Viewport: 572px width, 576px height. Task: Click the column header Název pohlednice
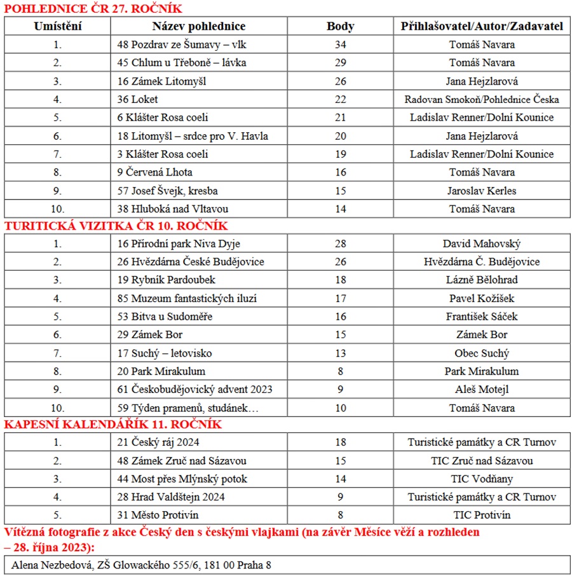[198, 26]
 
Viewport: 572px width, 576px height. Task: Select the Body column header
[340, 26]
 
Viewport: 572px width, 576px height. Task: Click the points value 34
[340, 45]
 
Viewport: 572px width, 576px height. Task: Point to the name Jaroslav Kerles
[481, 191]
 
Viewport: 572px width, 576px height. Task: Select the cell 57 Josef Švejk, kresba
[168, 191]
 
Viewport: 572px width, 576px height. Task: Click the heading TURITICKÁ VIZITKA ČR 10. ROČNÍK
[116, 226]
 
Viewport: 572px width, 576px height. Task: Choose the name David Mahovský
[481, 243]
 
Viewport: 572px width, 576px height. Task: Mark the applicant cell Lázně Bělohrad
[481, 280]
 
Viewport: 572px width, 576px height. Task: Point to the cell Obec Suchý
[481, 353]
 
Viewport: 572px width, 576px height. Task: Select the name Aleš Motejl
[481, 390]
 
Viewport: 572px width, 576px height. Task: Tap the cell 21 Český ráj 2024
[162, 442]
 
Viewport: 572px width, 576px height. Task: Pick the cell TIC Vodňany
[481, 479]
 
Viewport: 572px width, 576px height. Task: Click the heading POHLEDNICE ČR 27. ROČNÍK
[93, 8]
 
